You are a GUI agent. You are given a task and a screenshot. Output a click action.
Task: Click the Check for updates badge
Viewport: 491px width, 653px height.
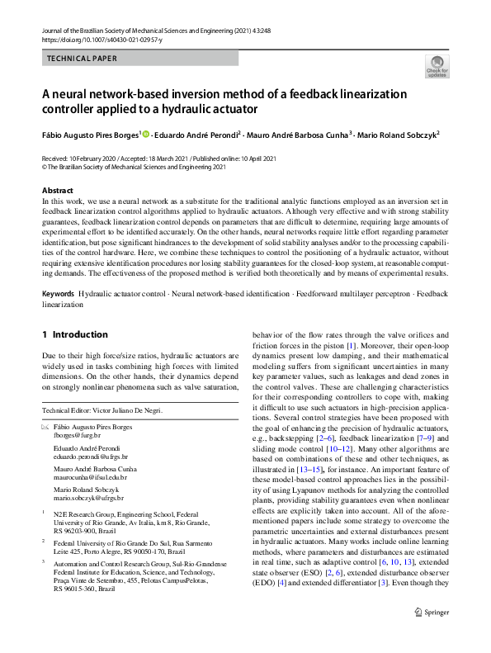point(437,66)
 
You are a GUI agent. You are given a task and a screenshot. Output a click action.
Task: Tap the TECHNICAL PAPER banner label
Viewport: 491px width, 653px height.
point(83,59)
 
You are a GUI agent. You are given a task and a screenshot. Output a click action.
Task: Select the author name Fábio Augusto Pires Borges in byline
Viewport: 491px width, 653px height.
point(91,135)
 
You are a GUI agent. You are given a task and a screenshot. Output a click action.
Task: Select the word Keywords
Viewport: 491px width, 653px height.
point(59,295)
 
